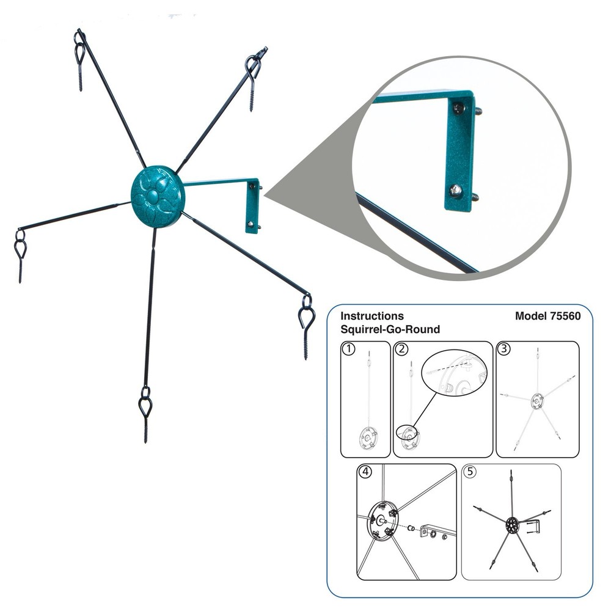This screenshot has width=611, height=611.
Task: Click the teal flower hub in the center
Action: coord(158,196)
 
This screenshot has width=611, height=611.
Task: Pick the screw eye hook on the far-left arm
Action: coord(20,256)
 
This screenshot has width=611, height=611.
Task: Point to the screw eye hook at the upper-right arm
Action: coord(254,79)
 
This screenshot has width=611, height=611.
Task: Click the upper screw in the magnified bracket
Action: coord(459,108)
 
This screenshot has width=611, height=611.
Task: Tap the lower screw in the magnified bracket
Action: coord(456,191)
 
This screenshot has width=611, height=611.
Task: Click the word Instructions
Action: coord(372,316)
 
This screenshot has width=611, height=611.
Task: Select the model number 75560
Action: coord(565,316)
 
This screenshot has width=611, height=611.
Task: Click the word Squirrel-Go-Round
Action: coord(390,329)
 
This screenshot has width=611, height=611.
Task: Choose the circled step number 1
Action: coord(349,349)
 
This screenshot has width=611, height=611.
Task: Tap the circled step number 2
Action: coord(401,349)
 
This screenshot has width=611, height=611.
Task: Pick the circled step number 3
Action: coord(504,348)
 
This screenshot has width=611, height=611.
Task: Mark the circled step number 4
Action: coord(365,472)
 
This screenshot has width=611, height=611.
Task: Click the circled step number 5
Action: coord(470,472)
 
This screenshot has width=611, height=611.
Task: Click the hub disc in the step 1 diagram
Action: coord(367,438)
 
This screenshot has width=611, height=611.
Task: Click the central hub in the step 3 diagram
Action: coord(537,401)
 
